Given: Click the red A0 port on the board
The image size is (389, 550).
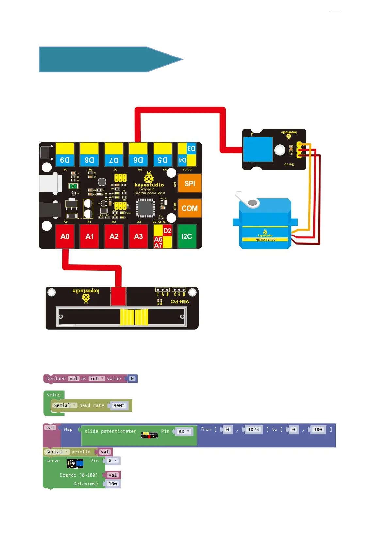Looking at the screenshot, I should (65, 236).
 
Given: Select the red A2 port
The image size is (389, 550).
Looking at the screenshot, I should (114, 236).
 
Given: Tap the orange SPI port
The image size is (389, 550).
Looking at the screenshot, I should (189, 184).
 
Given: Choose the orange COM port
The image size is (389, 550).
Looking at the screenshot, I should (189, 208).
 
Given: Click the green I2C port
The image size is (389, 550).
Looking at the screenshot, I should (187, 236).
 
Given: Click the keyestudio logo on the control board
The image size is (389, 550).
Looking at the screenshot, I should (149, 182).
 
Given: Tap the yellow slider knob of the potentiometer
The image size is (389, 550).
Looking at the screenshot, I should (134, 317).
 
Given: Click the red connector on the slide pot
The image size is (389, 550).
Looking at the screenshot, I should (118, 296).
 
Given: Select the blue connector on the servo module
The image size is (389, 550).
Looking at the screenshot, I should (258, 149).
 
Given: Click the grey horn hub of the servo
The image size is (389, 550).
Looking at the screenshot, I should (252, 203).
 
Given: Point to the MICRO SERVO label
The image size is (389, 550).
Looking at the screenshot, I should (265, 240).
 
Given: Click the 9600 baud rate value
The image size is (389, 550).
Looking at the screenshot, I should (119, 406).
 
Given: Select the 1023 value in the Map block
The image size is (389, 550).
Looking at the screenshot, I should (253, 430).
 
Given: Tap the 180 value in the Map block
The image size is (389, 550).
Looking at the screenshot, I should (318, 430).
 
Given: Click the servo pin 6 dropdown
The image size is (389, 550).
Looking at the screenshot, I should (112, 461).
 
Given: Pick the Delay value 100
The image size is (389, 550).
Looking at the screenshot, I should (113, 484).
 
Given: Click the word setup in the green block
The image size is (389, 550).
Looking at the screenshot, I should (54, 395).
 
